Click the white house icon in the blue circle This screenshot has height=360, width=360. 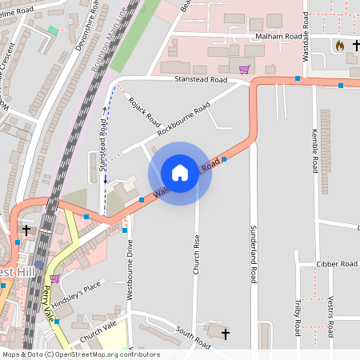coord(180,173)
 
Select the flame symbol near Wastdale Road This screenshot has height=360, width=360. coord(339,46)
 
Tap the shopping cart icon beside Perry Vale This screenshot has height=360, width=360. coord(54,278)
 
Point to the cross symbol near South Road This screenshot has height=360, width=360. coord(225,332)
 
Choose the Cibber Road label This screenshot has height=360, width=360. coord(337,264)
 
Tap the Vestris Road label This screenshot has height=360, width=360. coord(330,317)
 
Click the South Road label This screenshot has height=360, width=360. coord(192,337)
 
